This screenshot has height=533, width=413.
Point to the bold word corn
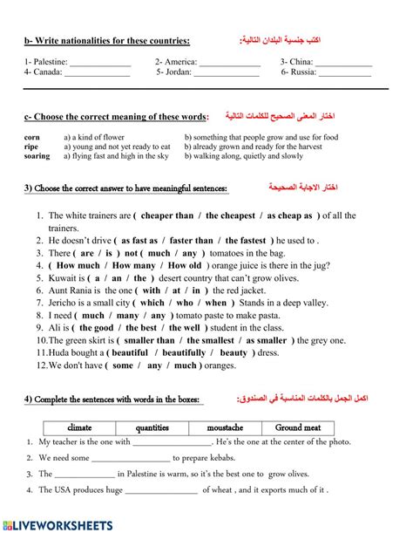coord(32,138)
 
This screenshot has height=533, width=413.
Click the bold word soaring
coord(37,157)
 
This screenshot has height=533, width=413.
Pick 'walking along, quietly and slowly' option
coord(245,157)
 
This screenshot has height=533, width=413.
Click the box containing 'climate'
coord(79,427)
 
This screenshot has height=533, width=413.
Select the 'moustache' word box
coord(226,427)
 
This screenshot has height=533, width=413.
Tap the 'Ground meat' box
coord(299,427)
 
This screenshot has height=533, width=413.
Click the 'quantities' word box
coord(152,427)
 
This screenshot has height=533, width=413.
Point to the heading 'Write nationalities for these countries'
coord(108,40)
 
